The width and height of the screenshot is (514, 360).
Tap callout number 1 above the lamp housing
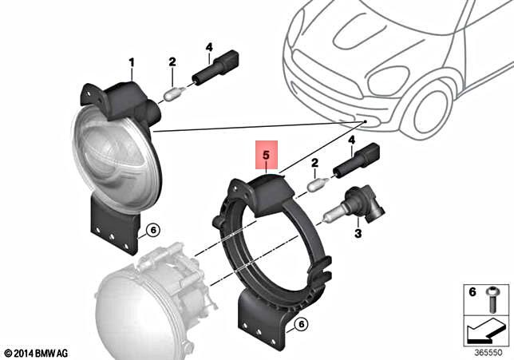132,61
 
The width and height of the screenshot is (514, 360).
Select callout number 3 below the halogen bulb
358,233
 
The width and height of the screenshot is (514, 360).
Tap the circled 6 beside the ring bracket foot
300,323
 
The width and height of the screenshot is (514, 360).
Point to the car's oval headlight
390,79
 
